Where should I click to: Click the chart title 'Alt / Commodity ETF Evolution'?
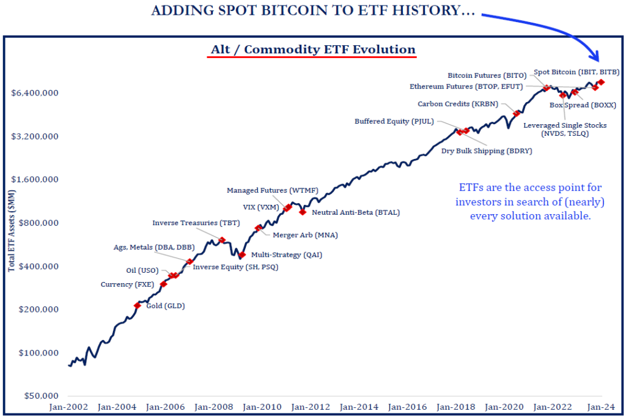point(312,50)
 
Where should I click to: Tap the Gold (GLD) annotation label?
point(165,306)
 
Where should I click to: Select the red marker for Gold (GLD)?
point(138,305)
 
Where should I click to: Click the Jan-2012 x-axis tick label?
point(309,407)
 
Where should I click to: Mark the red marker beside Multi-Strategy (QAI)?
point(242,254)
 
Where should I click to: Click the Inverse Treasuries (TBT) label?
point(187,223)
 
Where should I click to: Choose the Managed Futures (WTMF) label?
point(272,190)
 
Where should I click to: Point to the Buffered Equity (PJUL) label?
point(394,121)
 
